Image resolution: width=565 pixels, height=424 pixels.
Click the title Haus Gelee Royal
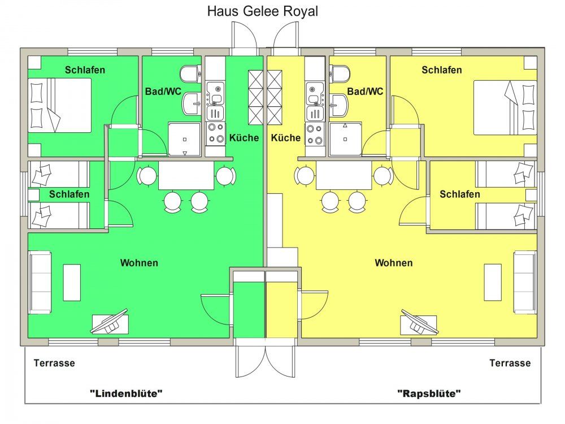point(262,11)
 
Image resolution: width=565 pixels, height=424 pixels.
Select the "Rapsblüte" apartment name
point(429,393)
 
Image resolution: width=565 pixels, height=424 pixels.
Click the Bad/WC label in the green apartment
point(163,91)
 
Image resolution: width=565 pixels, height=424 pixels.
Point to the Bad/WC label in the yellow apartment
point(365,91)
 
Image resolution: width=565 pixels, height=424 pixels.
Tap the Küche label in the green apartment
point(244,138)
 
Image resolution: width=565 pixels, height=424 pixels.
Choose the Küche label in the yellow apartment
point(286,138)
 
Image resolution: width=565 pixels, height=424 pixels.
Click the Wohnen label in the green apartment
point(139,263)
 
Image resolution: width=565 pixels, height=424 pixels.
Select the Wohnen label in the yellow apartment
point(394,263)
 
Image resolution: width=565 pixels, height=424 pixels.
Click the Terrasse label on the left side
point(54,363)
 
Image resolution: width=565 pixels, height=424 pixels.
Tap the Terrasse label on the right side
point(510,363)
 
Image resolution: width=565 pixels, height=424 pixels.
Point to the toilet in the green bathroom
point(190,73)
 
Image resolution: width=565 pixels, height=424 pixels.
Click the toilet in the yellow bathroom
point(340,73)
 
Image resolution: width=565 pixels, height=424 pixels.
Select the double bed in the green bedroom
point(60,106)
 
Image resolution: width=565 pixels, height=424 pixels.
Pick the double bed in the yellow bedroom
point(504,107)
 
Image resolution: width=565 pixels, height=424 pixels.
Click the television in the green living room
point(110,322)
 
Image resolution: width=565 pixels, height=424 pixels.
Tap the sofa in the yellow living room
point(525,282)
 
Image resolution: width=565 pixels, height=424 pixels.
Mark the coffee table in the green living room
point(72,282)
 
